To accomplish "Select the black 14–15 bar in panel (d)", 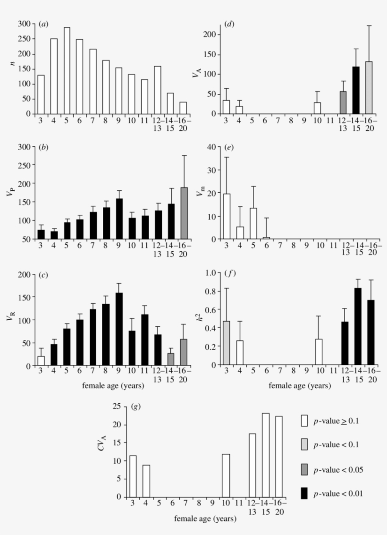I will pyautogui.click(x=356, y=90).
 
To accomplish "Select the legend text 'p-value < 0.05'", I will pyautogui.click(x=338, y=469).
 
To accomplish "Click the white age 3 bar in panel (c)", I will pyautogui.click(x=41, y=361).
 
